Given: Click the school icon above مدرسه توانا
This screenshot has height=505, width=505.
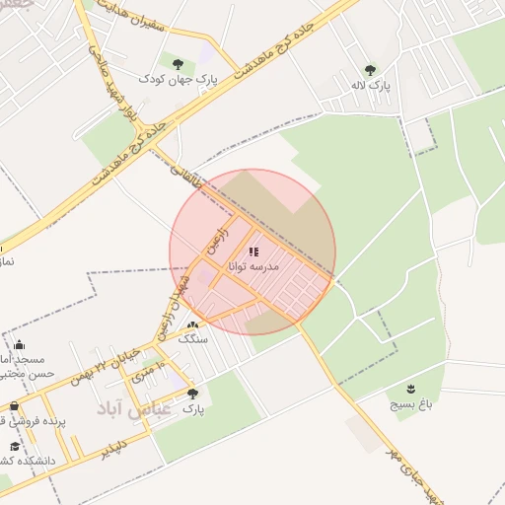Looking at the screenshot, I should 253,252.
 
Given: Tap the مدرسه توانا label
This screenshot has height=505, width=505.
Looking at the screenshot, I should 254,266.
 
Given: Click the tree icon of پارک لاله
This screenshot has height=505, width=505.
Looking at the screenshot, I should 370,70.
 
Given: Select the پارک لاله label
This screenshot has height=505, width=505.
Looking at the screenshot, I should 371,86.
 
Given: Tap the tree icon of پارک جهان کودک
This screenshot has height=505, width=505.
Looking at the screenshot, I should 179,62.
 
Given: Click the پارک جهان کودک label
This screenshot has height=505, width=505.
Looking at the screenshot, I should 178,78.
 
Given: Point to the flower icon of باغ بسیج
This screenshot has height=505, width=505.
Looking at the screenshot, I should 410,388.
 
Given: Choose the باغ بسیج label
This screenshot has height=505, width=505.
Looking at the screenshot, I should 409,403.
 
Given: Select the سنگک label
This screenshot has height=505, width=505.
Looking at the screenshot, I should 192,338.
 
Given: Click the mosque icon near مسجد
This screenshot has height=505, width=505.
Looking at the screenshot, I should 20,345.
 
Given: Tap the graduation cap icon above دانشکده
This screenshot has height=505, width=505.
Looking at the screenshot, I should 15,446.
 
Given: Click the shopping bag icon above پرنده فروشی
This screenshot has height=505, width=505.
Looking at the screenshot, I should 14,405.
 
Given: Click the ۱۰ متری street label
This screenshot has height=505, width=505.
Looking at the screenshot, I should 142,374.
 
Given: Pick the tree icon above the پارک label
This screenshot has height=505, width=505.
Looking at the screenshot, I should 192,394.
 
